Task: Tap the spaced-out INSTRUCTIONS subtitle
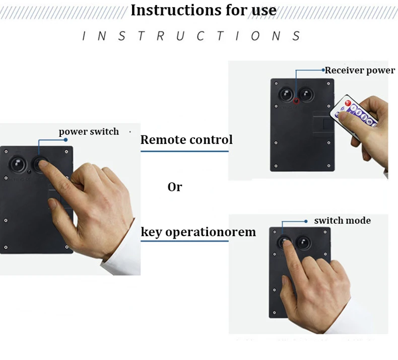coord(191,36)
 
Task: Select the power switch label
coord(89,132)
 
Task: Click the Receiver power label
coord(360,70)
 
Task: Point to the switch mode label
coord(342,221)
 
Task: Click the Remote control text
coord(186,139)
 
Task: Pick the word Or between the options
coord(174,187)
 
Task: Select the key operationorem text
coord(198,232)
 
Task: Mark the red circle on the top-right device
coord(296,101)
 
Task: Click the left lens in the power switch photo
coord(17,164)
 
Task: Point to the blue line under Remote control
coord(184,151)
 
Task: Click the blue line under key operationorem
coord(184,241)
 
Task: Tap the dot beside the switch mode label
coord(306,221)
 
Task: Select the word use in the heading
coord(262,10)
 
